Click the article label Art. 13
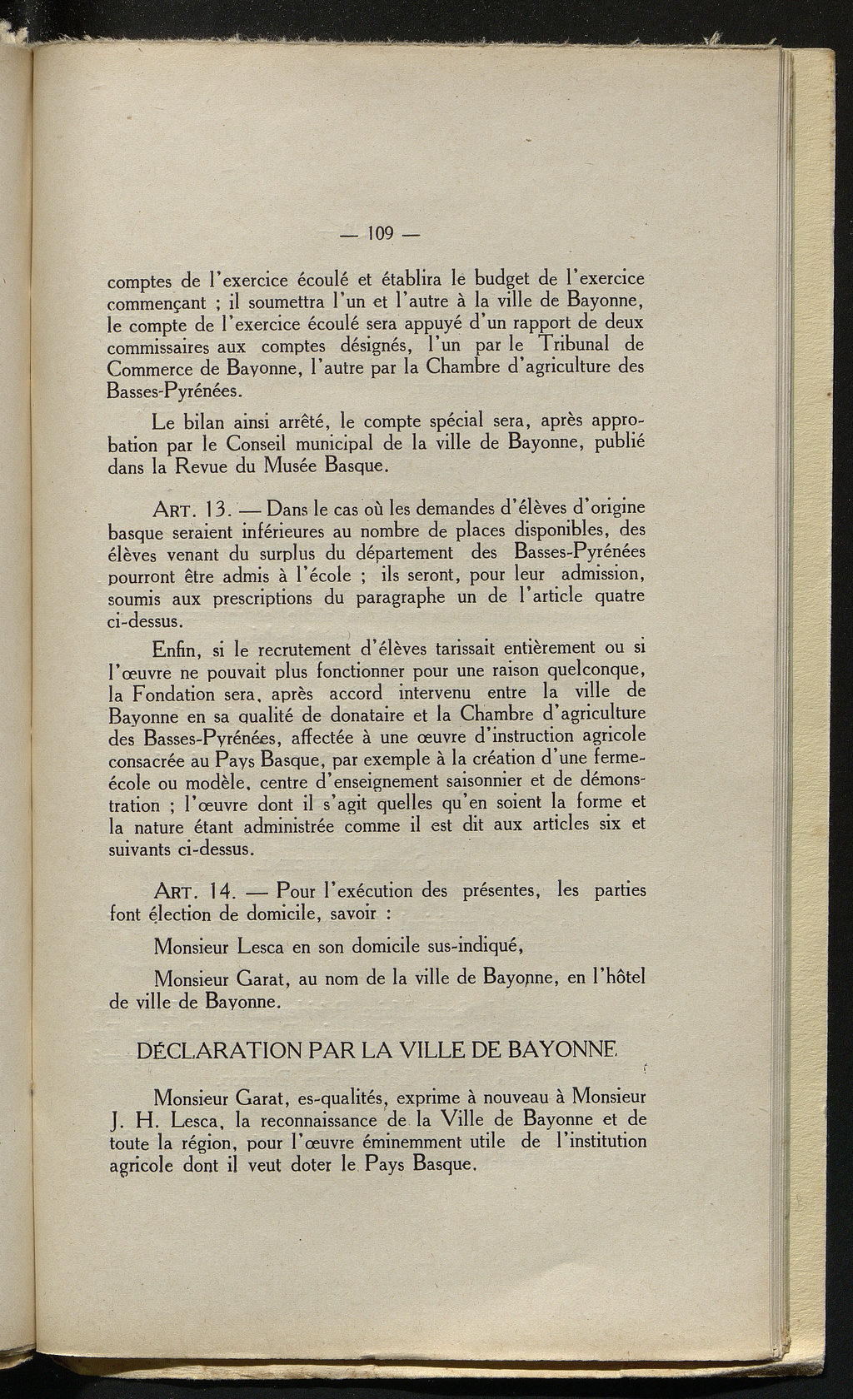186,507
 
